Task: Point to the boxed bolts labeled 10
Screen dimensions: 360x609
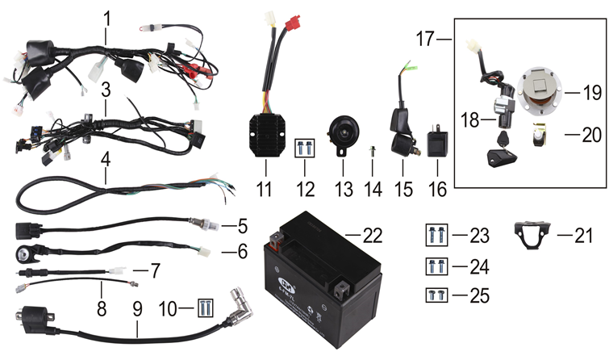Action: (x=207, y=308)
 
